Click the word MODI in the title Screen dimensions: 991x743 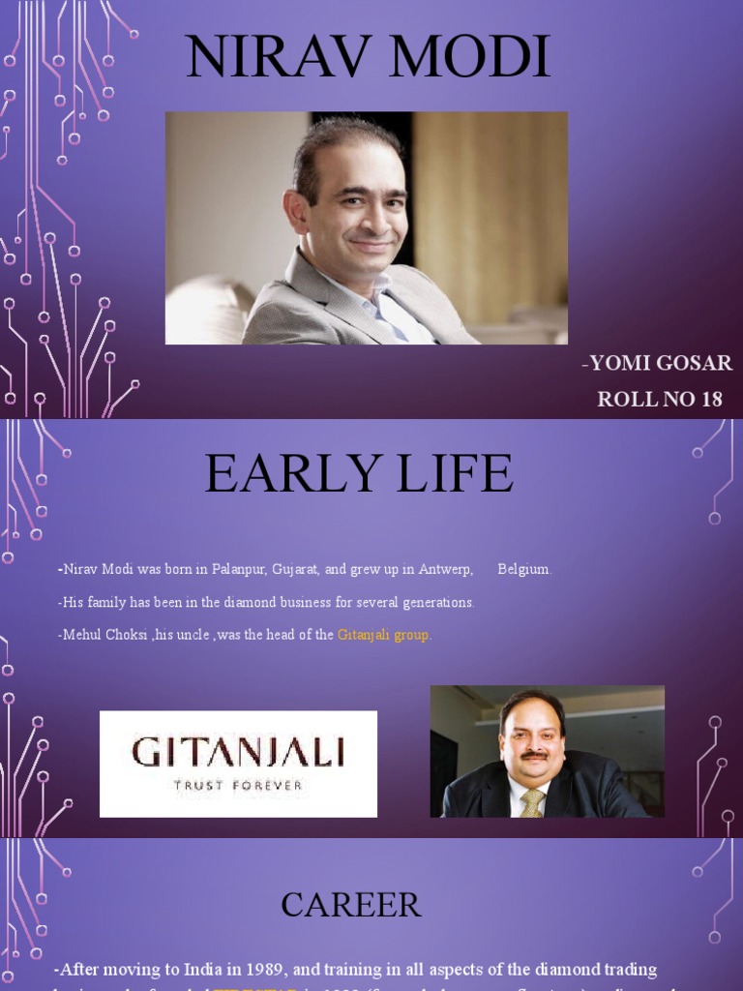(x=466, y=57)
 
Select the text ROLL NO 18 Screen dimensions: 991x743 (x=660, y=399)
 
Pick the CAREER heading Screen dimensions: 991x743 (x=351, y=905)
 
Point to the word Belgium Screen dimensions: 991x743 (x=523, y=570)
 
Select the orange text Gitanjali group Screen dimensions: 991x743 (x=384, y=635)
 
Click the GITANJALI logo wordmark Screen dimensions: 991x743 (x=238, y=752)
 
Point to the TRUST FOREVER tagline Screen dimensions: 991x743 (x=238, y=785)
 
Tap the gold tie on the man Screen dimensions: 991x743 (x=532, y=802)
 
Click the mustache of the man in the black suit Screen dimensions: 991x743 (x=533, y=755)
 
